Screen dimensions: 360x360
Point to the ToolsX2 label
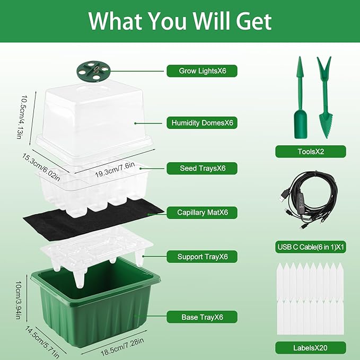click(x=310, y=152)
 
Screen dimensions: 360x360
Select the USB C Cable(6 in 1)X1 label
click(x=310, y=246)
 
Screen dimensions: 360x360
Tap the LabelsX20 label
click(x=310, y=348)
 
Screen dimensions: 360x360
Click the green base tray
click(x=95, y=308)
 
